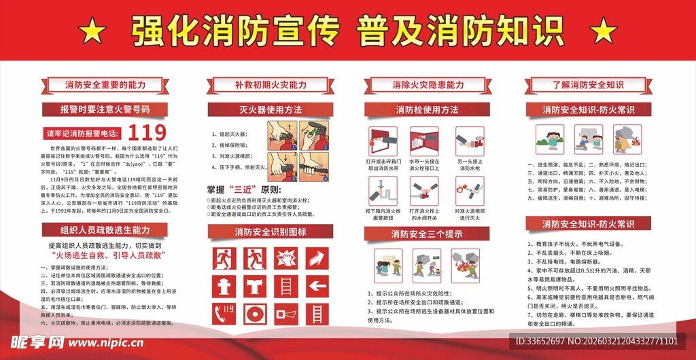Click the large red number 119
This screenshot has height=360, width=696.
[x=147, y=131]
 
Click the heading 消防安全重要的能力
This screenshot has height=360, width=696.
[x=105, y=85]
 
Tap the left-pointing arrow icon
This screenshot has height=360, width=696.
[x=317, y=285]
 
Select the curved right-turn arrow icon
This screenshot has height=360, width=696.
[x=317, y=258]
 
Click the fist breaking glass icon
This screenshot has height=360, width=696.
[x=285, y=258]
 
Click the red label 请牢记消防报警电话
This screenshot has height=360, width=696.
[x=82, y=132]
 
